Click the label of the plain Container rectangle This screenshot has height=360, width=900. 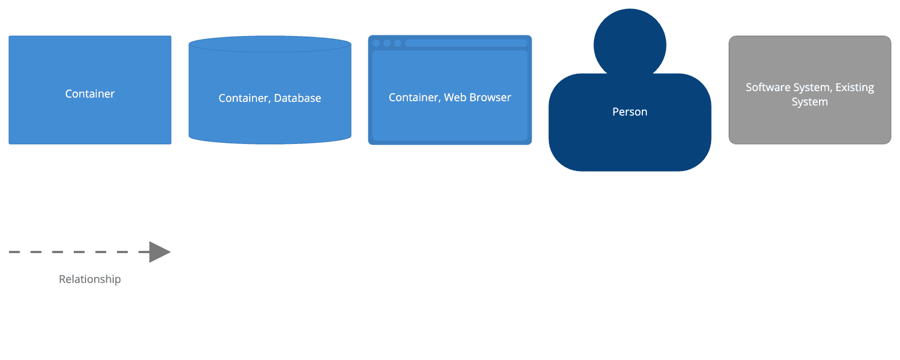pyautogui.click(x=90, y=94)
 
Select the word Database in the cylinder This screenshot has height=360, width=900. pyautogui.click(x=298, y=98)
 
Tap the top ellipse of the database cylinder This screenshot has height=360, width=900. pyautogui.click(x=270, y=44)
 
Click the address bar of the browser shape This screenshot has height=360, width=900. pyautogui.click(x=466, y=43)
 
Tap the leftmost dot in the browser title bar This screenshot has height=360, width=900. pyautogui.click(x=376, y=43)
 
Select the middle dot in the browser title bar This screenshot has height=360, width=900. pyautogui.click(x=387, y=43)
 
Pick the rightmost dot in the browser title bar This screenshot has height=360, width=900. pyautogui.click(x=398, y=43)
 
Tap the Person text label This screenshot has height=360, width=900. pyautogui.click(x=630, y=112)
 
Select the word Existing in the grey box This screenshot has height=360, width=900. pyautogui.click(x=854, y=88)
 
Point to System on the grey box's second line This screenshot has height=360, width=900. pyautogui.click(x=809, y=102)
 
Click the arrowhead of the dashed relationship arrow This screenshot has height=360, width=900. pyautogui.click(x=160, y=252)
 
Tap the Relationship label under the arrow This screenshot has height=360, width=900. pyautogui.click(x=90, y=280)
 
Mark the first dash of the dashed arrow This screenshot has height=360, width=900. pyautogui.click(x=14, y=252)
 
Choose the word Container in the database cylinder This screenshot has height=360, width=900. pyautogui.click(x=244, y=98)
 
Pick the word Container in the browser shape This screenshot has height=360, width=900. pyautogui.click(x=413, y=98)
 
